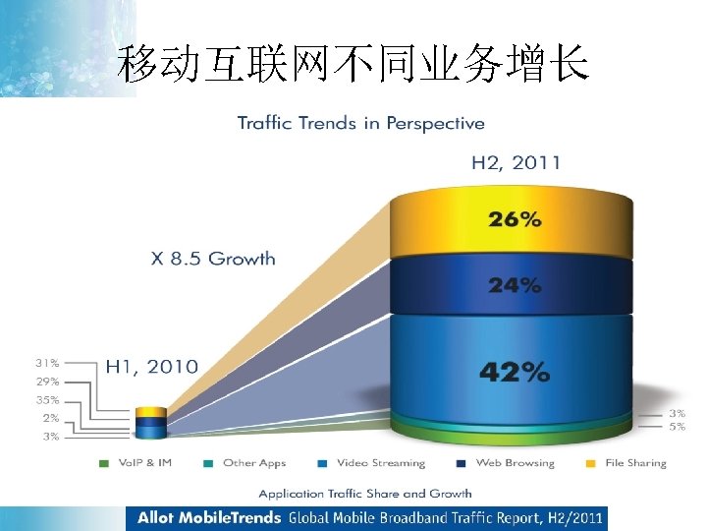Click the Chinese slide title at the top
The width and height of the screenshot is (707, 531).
(353, 65)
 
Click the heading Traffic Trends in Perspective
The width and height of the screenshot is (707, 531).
(360, 123)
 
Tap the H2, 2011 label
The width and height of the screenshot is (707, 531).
(516, 162)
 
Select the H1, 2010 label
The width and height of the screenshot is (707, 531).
(151, 366)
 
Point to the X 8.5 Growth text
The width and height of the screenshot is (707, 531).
(213, 260)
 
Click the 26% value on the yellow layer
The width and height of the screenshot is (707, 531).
(515, 219)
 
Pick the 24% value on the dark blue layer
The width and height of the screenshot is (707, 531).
(515, 284)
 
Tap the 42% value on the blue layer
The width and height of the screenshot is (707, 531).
(514, 371)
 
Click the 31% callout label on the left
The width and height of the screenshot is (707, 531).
(48, 362)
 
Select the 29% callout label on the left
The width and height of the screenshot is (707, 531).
(48, 381)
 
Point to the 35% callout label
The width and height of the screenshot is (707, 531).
(48, 400)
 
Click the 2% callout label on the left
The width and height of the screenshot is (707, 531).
(50, 418)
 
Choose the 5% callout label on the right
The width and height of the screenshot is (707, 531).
(678, 427)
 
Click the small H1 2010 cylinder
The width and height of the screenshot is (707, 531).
(150, 422)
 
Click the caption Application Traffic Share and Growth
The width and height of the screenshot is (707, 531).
(365, 493)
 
